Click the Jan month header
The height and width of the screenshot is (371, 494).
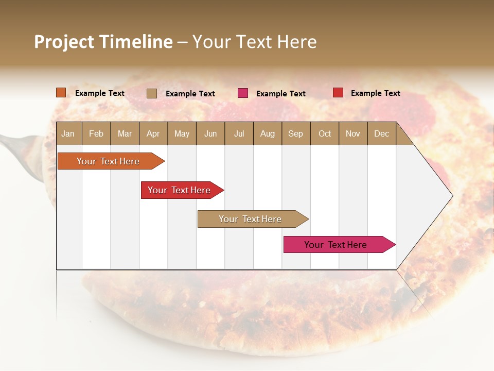pyautogui.click(x=68, y=133)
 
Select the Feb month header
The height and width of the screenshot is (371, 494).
pyautogui.click(x=96, y=133)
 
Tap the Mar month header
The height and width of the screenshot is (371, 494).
pyautogui.click(x=125, y=133)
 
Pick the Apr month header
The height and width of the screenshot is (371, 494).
pyautogui.click(x=153, y=133)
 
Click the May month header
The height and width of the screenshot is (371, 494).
pyautogui.click(x=182, y=133)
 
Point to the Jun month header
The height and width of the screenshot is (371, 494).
pyautogui.click(x=210, y=133)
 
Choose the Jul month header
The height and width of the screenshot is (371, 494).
pyautogui.click(x=239, y=133)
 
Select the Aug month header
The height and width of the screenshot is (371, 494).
pyautogui.click(x=267, y=133)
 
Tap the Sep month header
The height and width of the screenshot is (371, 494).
pyautogui.click(x=295, y=133)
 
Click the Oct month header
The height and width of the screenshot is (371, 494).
pyautogui.click(x=325, y=133)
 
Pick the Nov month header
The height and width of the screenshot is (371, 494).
pyautogui.click(x=353, y=133)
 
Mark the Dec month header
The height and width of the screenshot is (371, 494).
pyautogui.click(x=381, y=133)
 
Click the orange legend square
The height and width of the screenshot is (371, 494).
pyautogui.click(x=61, y=93)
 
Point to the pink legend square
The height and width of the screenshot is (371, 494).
pyautogui.click(x=243, y=93)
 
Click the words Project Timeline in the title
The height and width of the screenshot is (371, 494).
pyautogui.click(x=103, y=42)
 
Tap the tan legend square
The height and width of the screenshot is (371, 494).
pyautogui.click(x=152, y=93)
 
